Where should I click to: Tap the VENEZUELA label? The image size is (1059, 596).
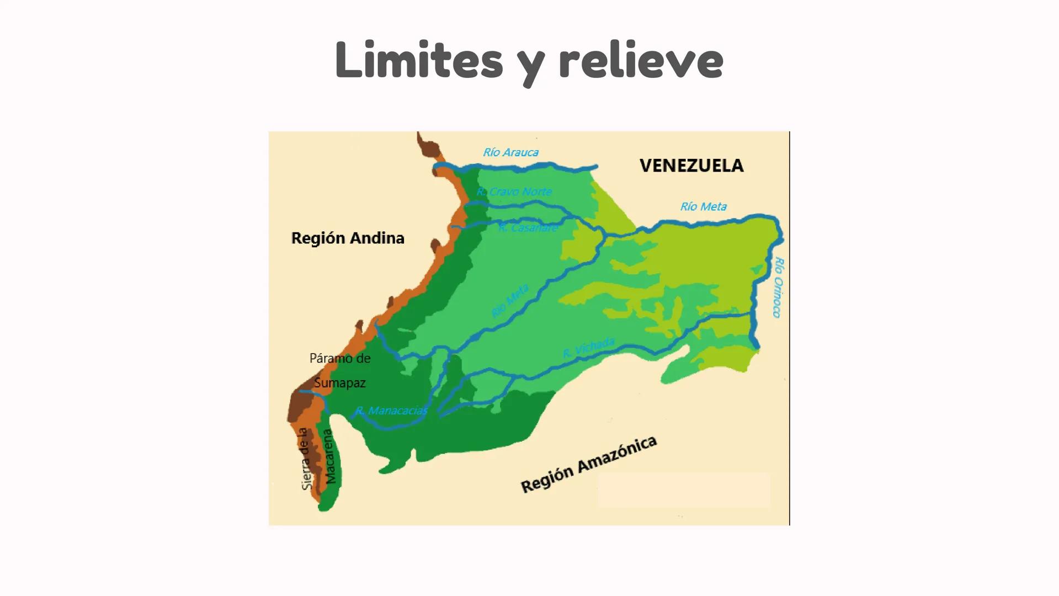point(691,166)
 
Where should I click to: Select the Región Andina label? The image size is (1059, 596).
point(348,238)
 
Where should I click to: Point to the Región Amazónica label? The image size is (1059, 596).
point(589,464)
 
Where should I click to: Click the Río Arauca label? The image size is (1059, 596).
point(510,152)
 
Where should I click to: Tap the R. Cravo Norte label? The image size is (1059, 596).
point(514,191)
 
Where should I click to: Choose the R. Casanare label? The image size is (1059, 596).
point(528,227)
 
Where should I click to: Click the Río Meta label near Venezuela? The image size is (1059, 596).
point(703,206)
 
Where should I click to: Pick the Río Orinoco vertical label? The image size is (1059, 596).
point(778,287)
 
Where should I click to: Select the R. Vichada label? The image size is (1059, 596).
point(588,348)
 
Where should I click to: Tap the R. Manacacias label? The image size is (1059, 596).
point(391,411)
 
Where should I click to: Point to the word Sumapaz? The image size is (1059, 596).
point(340,382)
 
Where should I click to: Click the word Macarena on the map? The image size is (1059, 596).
point(329,456)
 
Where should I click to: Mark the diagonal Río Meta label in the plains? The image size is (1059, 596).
point(510,301)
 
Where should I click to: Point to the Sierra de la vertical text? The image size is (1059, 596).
point(305,459)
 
